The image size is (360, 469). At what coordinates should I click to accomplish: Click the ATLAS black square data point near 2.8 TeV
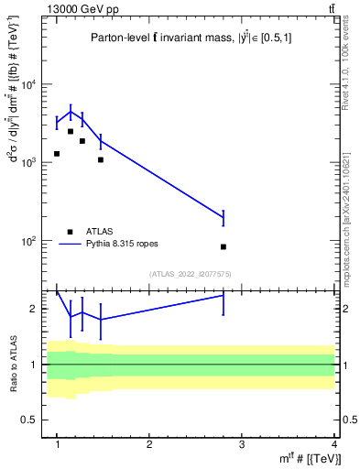click(x=224, y=246)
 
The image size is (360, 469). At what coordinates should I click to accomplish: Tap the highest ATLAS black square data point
click(x=71, y=132)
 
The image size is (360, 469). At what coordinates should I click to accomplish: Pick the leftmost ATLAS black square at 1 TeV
click(x=57, y=154)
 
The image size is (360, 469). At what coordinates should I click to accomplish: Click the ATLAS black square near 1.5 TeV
click(x=101, y=159)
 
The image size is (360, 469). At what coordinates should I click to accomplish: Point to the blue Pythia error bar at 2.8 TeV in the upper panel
click(x=224, y=217)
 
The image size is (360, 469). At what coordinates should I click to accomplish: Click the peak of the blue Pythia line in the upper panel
click(x=71, y=113)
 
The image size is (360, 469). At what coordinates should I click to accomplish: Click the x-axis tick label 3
click(x=242, y=444)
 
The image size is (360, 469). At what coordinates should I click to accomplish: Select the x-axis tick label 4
click(x=333, y=444)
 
